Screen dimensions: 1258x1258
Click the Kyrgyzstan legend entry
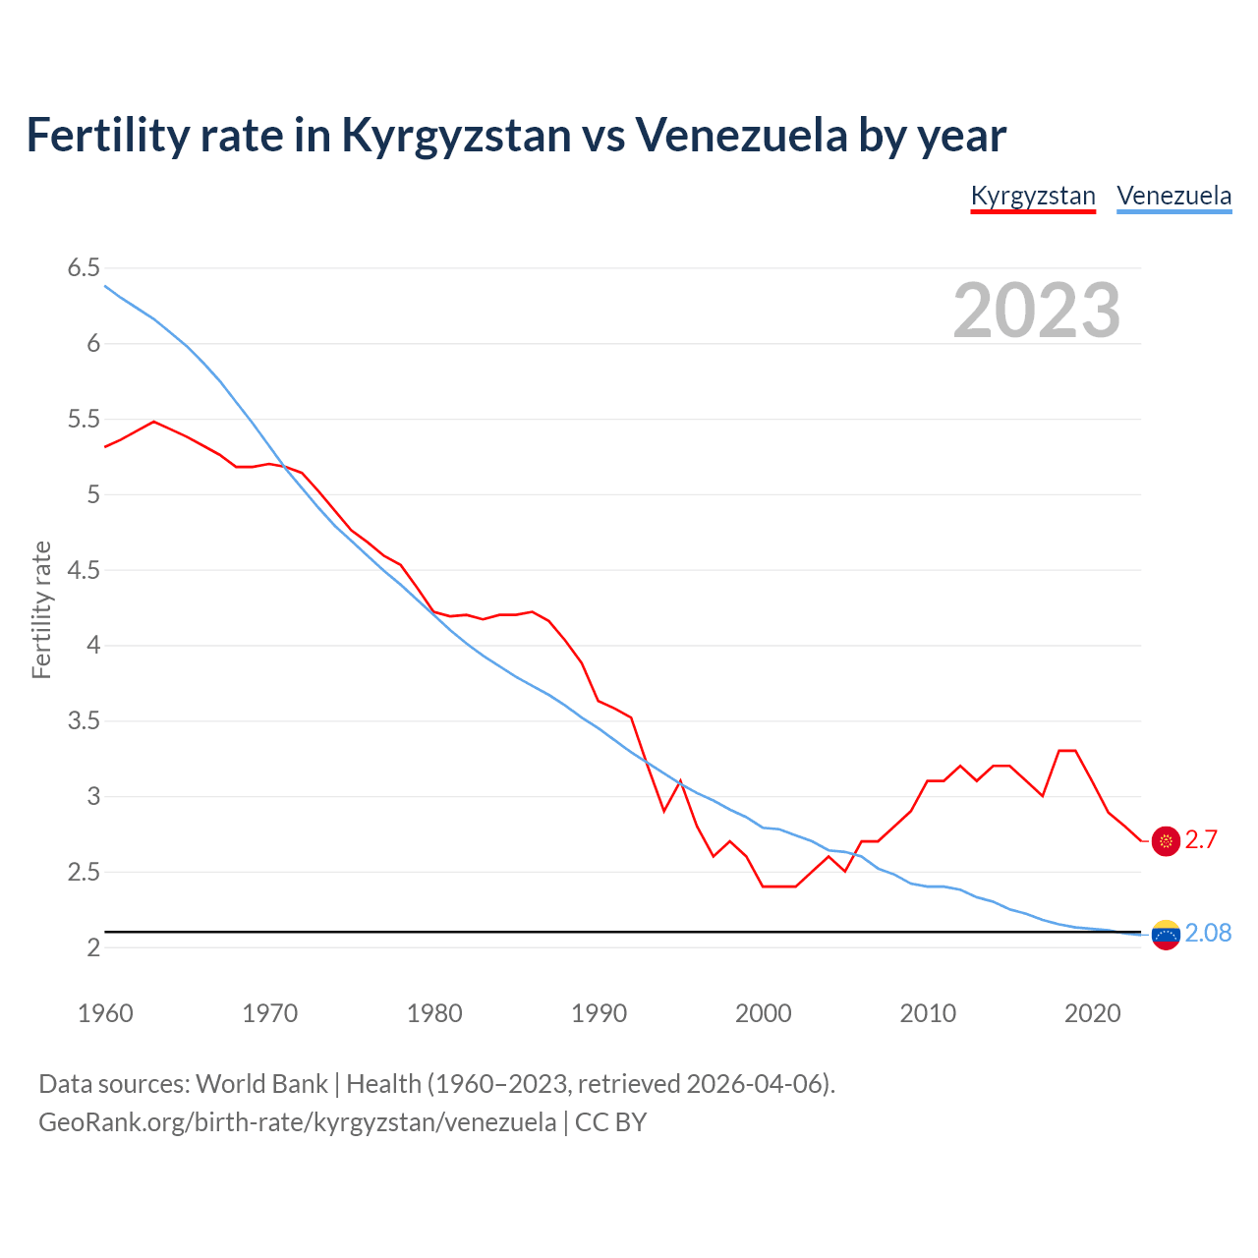(x=1033, y=196)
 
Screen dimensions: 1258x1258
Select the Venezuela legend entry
(x=1173, y=196)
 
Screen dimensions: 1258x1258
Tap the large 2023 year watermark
(x=1037, y=311)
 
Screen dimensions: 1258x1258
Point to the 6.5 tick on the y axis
(x=84, y=268)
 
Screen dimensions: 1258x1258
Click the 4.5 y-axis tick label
(x=84, y=570)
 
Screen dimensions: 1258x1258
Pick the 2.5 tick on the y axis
(x=84, y=872)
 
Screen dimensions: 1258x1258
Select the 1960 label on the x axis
(x=105, y=1013)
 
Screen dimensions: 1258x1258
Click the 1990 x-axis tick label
(x=599, y=1013)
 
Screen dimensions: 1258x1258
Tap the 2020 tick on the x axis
(x=1092, y=1013)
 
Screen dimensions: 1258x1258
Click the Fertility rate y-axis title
(x=41, y=609)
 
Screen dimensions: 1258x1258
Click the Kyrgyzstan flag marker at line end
(x=1166, y=840)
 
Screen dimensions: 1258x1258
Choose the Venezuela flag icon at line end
(x=1166, y=935)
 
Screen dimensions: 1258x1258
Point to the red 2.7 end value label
(x=1201, y=839)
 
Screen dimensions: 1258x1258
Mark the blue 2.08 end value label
(x=1208, y=933)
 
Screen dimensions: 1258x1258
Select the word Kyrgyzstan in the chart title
(x=456, y=135)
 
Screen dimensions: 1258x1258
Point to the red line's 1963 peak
(x=154, y=422)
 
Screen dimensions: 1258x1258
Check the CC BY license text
(x=610, y=1121)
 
